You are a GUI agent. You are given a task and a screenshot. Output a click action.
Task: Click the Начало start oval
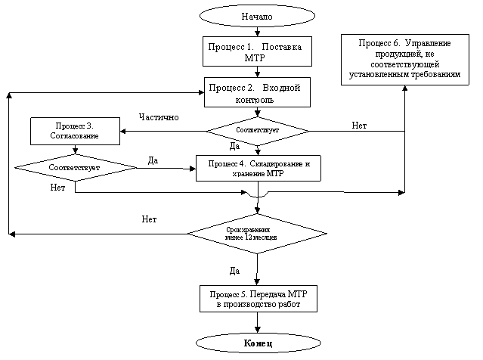point(257,16)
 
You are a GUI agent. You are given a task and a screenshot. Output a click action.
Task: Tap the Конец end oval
point(257,344)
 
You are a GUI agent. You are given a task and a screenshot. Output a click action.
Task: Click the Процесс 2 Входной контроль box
point(258,93)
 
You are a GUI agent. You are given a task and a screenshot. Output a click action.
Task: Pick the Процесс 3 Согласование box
point(76,131)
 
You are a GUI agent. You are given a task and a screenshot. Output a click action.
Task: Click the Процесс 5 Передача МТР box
point(258,298)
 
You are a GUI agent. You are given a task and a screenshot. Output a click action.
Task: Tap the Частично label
point(159,117)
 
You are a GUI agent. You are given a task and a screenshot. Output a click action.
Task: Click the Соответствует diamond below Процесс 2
point(258,130)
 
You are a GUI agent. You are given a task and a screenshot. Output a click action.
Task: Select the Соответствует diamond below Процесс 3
point(75,166)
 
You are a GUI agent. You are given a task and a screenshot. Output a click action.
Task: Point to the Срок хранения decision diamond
point(256,233)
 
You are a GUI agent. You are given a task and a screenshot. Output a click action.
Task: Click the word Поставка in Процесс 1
point(283,47)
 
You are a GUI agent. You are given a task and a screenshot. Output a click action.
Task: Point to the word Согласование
point(76,136)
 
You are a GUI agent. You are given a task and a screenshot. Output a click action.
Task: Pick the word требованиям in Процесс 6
point(438,75)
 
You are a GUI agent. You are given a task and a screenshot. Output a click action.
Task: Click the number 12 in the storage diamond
point(249,237)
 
